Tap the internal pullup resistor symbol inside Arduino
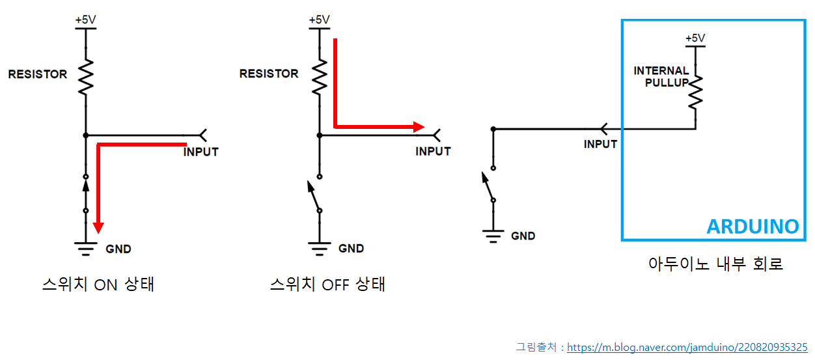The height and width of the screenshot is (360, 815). tap(695, 91)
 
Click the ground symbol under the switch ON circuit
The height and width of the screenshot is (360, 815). tap(85, 247)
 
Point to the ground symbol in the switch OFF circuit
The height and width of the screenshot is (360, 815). tap(319, 247)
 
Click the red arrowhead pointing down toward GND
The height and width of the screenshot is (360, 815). tap(98, 227)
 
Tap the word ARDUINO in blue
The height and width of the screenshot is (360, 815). tap(753, 227)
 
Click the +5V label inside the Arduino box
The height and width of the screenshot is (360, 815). tap(695, 38)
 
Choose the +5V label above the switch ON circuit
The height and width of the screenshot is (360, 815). tap(85, 20)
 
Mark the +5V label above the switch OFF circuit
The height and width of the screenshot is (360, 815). tap(319, 20)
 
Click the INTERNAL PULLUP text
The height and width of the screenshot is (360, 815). tap(661, 76)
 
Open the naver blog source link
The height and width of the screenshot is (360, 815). tap(687, 348)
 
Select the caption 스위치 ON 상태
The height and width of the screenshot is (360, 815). tap(98, 284)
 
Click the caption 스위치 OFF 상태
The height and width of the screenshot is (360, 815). tap(327, 284)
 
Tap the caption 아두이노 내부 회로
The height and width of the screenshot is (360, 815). tap(715, 264)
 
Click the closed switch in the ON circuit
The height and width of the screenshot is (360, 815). tap(85, 193)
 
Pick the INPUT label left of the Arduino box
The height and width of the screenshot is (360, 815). tap(600, 145)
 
